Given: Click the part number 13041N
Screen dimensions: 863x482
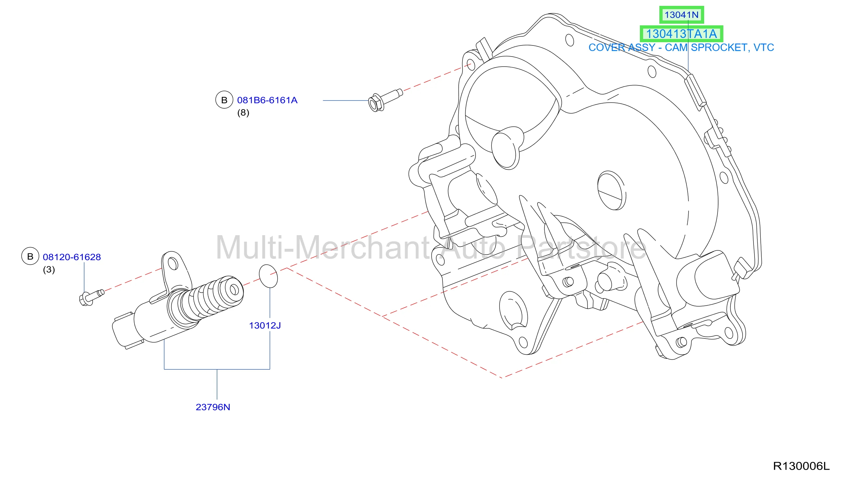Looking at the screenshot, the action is pos(681,15).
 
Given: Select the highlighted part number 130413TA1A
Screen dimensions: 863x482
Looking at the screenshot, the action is pos(681,34).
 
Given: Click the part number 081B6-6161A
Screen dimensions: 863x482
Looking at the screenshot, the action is pos(267,100).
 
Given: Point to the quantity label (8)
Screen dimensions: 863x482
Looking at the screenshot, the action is pos(243,113).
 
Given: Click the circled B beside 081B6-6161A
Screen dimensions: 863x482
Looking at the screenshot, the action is pos(224,100).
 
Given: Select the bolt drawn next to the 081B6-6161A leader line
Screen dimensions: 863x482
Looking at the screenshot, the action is pos(385,100).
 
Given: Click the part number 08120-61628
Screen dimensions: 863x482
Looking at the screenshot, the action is pos(72,257).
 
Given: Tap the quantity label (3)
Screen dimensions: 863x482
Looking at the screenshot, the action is pos(49,269).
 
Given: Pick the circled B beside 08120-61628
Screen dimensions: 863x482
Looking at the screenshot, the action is pos(30,256).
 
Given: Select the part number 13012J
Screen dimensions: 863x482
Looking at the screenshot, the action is pos(265,325).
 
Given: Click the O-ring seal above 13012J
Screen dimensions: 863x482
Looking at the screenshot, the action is pos(268,276).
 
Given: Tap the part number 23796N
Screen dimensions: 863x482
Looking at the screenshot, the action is pos(213,407).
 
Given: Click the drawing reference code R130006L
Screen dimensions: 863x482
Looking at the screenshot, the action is pos(801,466).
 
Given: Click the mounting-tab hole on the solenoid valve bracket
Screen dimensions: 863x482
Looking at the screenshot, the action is pos(173,264).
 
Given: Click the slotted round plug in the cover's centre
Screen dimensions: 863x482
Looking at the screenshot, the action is pos(612,191).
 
